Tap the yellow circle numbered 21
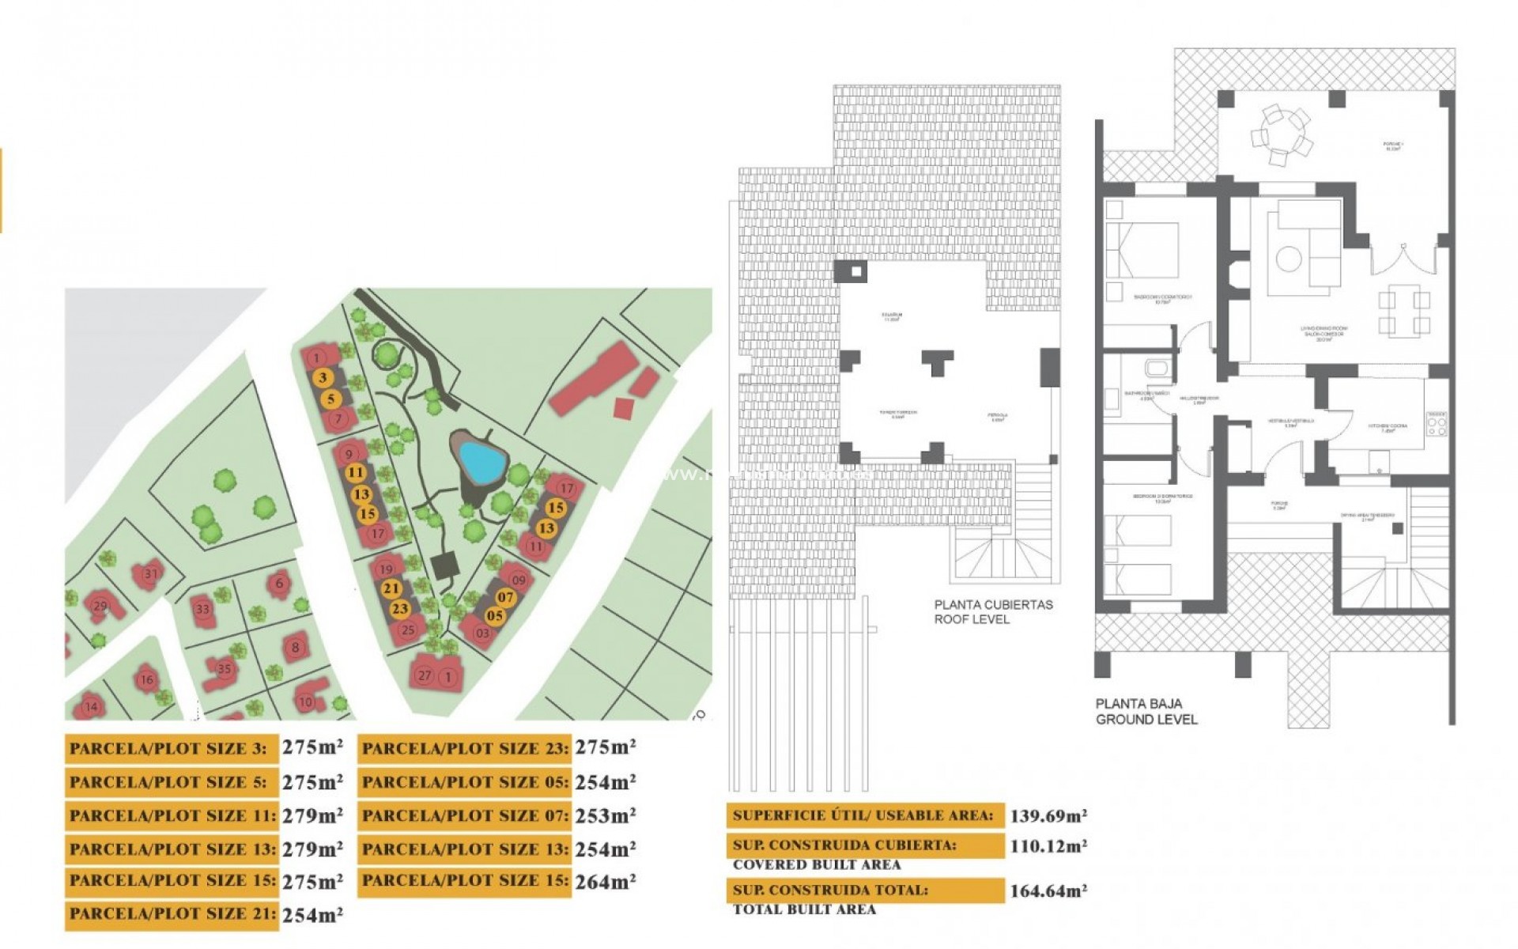tap(391, 588)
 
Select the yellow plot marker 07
tap(505, 598)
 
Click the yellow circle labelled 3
tap(322, 378)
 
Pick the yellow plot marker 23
tap(400, 609)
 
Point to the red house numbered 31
tap(149, 575)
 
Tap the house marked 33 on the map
tap(203, 610)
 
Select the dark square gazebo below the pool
tap(445, 565)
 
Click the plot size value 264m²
tap(605, 882)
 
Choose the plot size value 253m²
tap(605, 815)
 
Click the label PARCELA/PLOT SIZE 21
tap(172, 914)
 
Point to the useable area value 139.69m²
tap(1048, 815)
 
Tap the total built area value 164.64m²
tap(1048, 891)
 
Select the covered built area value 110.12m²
tap(1048, 846)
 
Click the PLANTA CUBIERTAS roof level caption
tap(993, 612)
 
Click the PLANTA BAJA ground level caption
tap(1146, 711)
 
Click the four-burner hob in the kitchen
tap(1437, 425)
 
